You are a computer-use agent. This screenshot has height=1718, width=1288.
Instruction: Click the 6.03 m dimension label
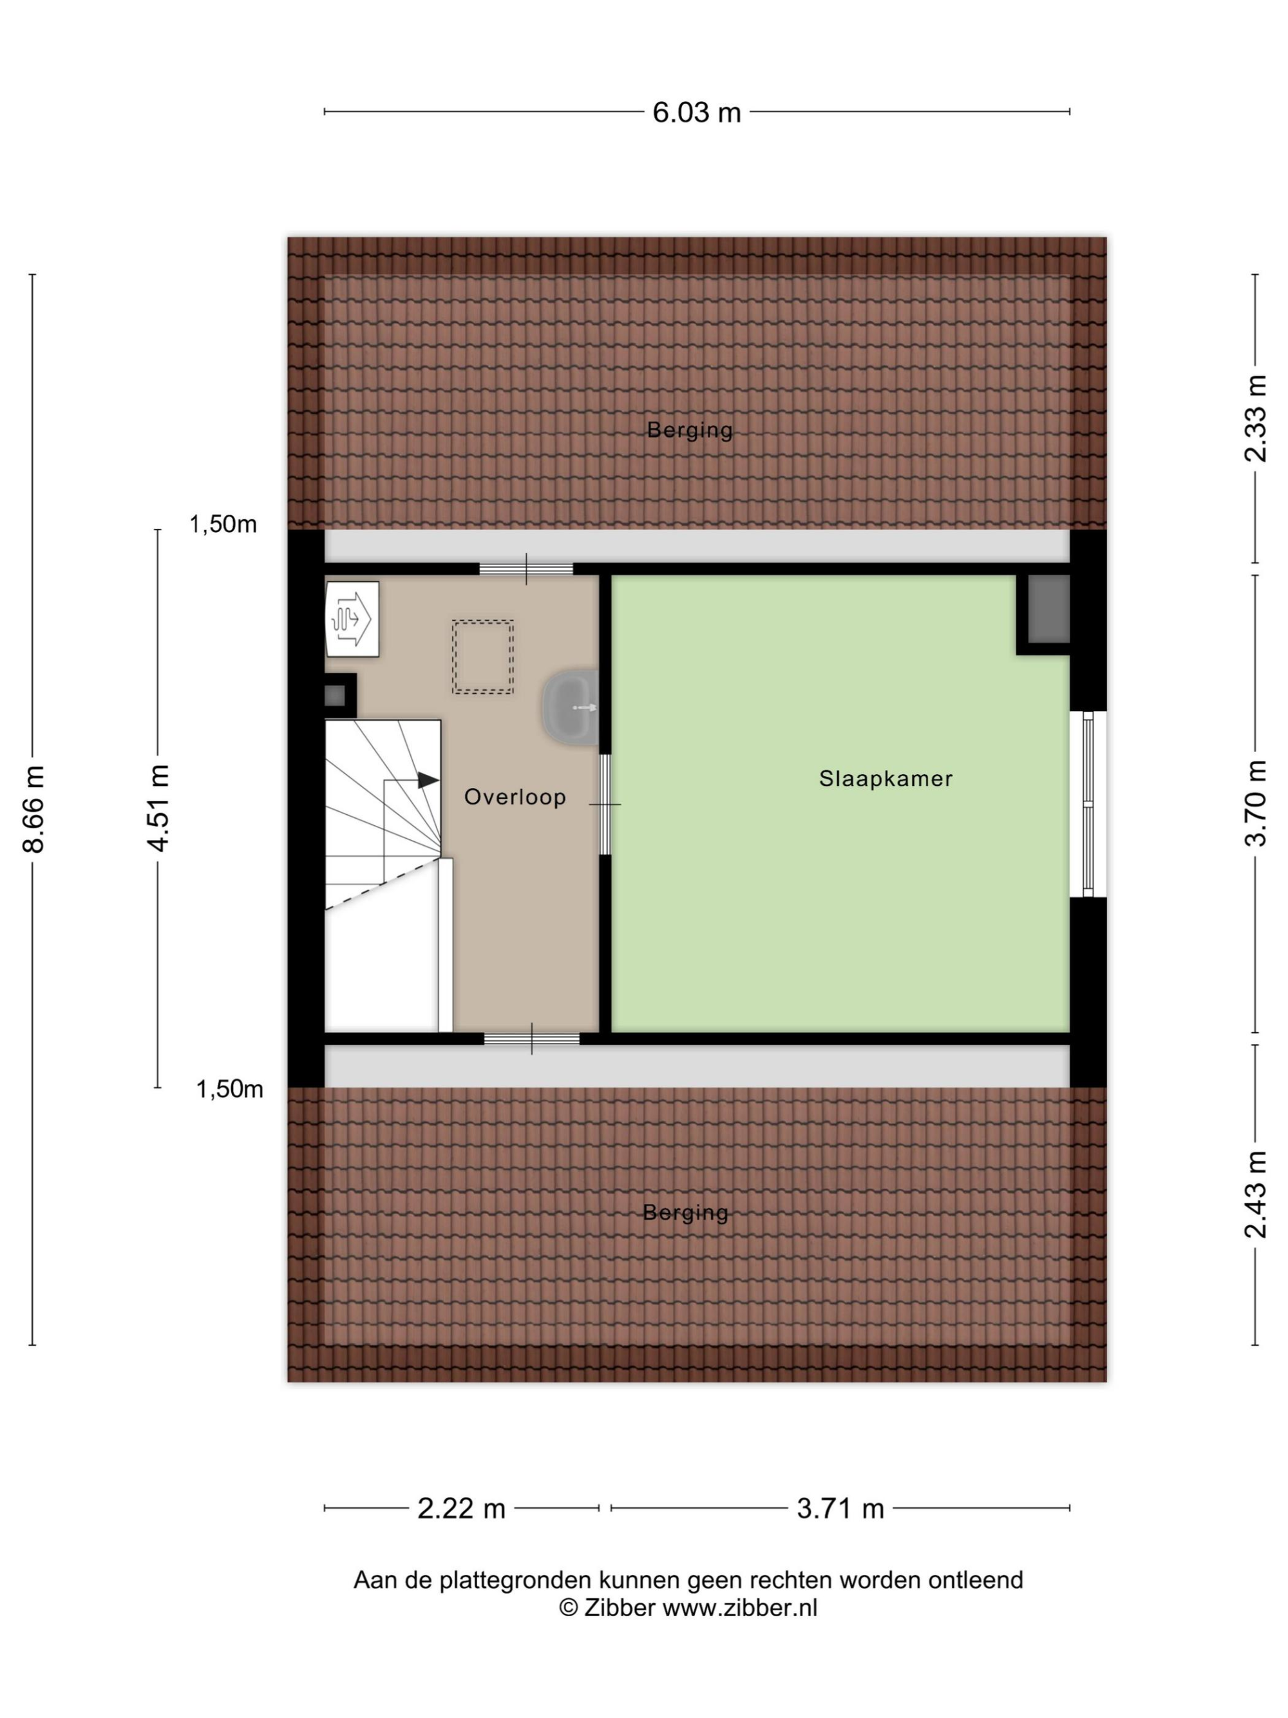[x=696, y=113]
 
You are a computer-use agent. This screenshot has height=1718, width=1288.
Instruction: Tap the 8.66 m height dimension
[x=34, y=808]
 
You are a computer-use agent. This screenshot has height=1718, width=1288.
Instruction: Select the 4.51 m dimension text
[x=159, y=808]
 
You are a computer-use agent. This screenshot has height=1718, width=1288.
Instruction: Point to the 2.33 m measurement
[x=1255, y=419]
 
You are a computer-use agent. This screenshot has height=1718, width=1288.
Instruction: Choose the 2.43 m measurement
[x=1255, y=1194]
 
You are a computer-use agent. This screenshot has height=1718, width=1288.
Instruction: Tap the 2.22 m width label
[x=461, y=1508]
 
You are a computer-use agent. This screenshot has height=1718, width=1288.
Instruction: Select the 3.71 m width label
[x=840, y=1508]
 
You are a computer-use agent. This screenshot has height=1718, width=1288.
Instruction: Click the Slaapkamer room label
[x=885, y=778]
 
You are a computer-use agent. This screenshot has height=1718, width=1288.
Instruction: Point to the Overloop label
[x=515, y=797]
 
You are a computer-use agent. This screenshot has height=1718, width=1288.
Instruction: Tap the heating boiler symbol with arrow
[x=352, y=619]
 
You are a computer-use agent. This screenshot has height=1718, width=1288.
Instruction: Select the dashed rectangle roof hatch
[x=483, y=656]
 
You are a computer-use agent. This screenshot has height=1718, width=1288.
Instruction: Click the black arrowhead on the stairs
[x=428, y=780]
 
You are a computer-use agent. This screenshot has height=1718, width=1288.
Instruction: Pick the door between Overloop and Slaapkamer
[x=605, y=804]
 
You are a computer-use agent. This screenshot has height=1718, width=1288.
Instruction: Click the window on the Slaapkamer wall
[x=1088, y=804]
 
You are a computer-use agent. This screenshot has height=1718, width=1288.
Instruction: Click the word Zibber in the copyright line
[x=620, y=1607]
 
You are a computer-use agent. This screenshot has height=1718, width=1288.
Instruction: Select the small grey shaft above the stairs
[x=335, y=695]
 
